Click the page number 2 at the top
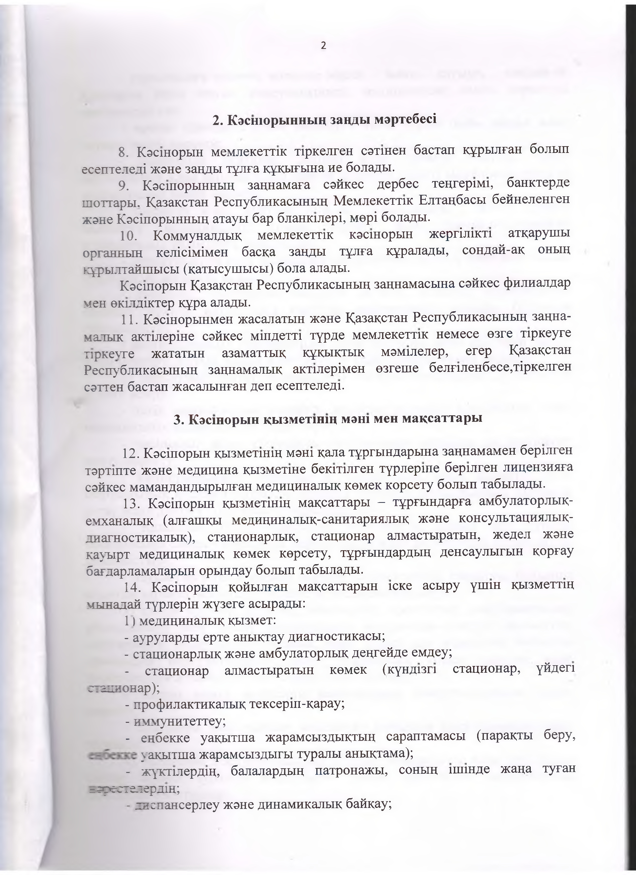323,46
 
